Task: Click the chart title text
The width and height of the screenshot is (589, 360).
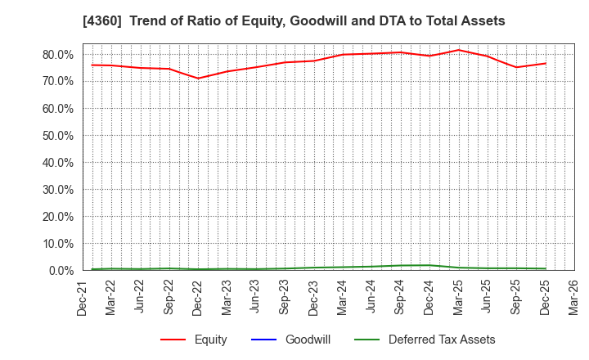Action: [294, 21]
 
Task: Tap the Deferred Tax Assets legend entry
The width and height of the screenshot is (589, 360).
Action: [442, 340]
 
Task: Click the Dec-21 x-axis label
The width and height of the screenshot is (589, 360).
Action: [83, 298]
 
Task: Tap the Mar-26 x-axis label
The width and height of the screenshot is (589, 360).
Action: [574, 298]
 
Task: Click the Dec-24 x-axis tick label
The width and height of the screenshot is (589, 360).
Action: [429, 298]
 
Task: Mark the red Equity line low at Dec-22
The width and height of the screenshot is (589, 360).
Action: [198, 79]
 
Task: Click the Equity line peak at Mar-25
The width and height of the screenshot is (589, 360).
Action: [458, 50]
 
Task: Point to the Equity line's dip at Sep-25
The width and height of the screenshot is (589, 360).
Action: [516, 67]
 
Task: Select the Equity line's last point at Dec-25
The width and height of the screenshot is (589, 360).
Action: [545, 63]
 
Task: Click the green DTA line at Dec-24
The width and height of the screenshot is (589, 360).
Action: [429, 265]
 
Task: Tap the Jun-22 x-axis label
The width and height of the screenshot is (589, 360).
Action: [140, 298]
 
